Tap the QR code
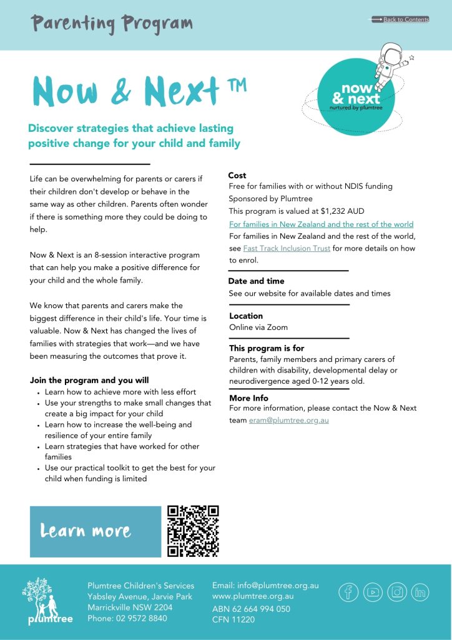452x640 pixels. (x=194, y=531)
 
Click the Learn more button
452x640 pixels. (x=86, y=531)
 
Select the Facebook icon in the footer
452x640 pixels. (x=348, y=591)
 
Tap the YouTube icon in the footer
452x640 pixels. (x=373, y=591)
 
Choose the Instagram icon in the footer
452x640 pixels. (x=397, y=591)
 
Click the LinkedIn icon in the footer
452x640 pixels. (x=421, y=591)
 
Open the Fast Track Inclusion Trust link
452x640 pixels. (x=287, y=248)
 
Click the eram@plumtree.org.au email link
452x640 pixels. (x=288, y=420)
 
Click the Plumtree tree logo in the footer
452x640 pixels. (x=47, y=601)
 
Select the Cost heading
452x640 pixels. (x=237, y=176)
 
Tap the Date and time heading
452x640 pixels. (x=256, y=281)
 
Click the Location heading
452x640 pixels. (x=246, y=316)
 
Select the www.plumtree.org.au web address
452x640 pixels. (x=253, y=596)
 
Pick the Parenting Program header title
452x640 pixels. (x=112, y=24)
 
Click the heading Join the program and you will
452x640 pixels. (x=89, y=380)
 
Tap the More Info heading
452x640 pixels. (x=248, y=398)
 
